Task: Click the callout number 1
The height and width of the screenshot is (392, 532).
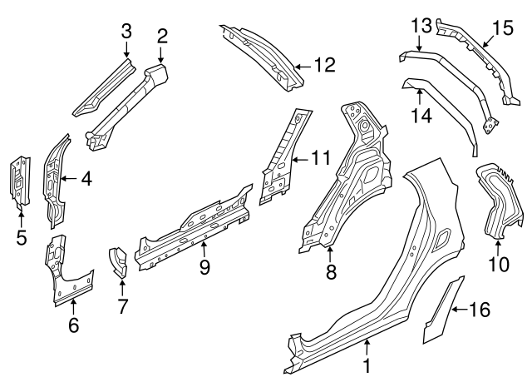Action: [367, 364]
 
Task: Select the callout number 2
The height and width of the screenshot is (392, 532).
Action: [162, 35]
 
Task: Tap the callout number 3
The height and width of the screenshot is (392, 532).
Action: [126, 32]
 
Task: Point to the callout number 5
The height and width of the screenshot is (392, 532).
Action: [21, 239]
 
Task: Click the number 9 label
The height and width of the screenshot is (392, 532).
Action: [204, 267]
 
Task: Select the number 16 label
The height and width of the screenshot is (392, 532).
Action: [480, 310]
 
